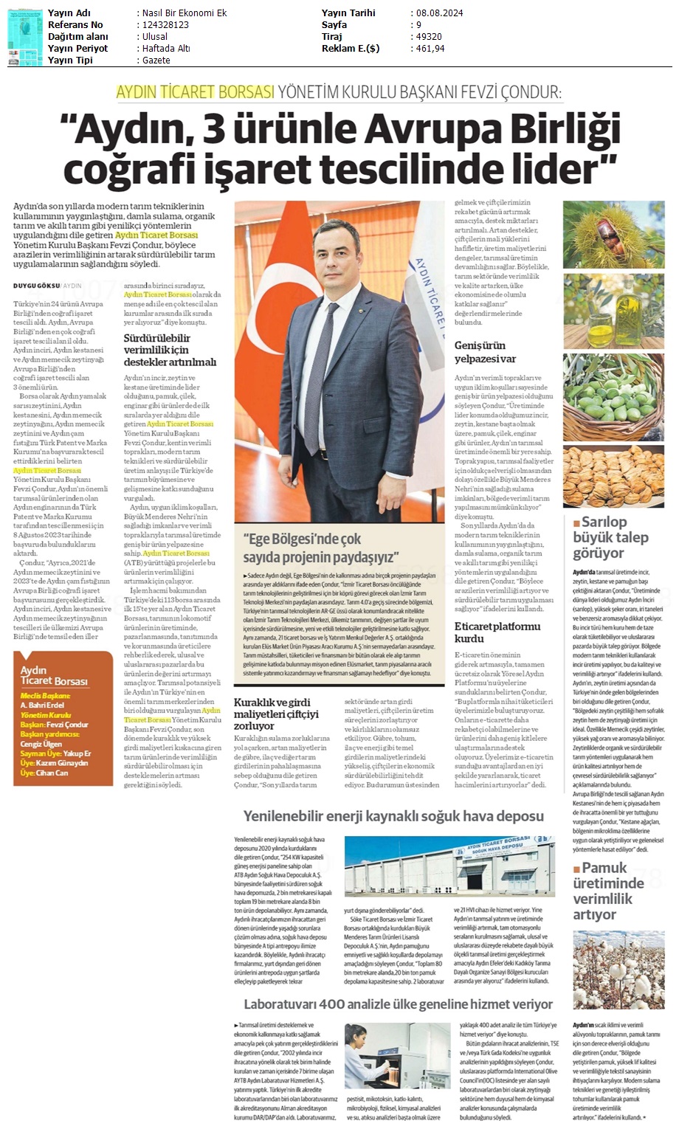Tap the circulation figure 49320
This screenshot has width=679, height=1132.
[428, 37]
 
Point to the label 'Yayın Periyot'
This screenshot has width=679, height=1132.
[77, 49]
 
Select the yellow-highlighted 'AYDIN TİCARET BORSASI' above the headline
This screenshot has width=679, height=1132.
[196, 93]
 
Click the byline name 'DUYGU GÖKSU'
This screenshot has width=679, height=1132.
[36, 286]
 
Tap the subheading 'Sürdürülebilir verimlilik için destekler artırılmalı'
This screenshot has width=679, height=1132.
[170, 350]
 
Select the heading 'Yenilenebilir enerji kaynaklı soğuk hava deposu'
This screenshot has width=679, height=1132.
[393, 816]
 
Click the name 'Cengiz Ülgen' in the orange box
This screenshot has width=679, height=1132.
[41, 745]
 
